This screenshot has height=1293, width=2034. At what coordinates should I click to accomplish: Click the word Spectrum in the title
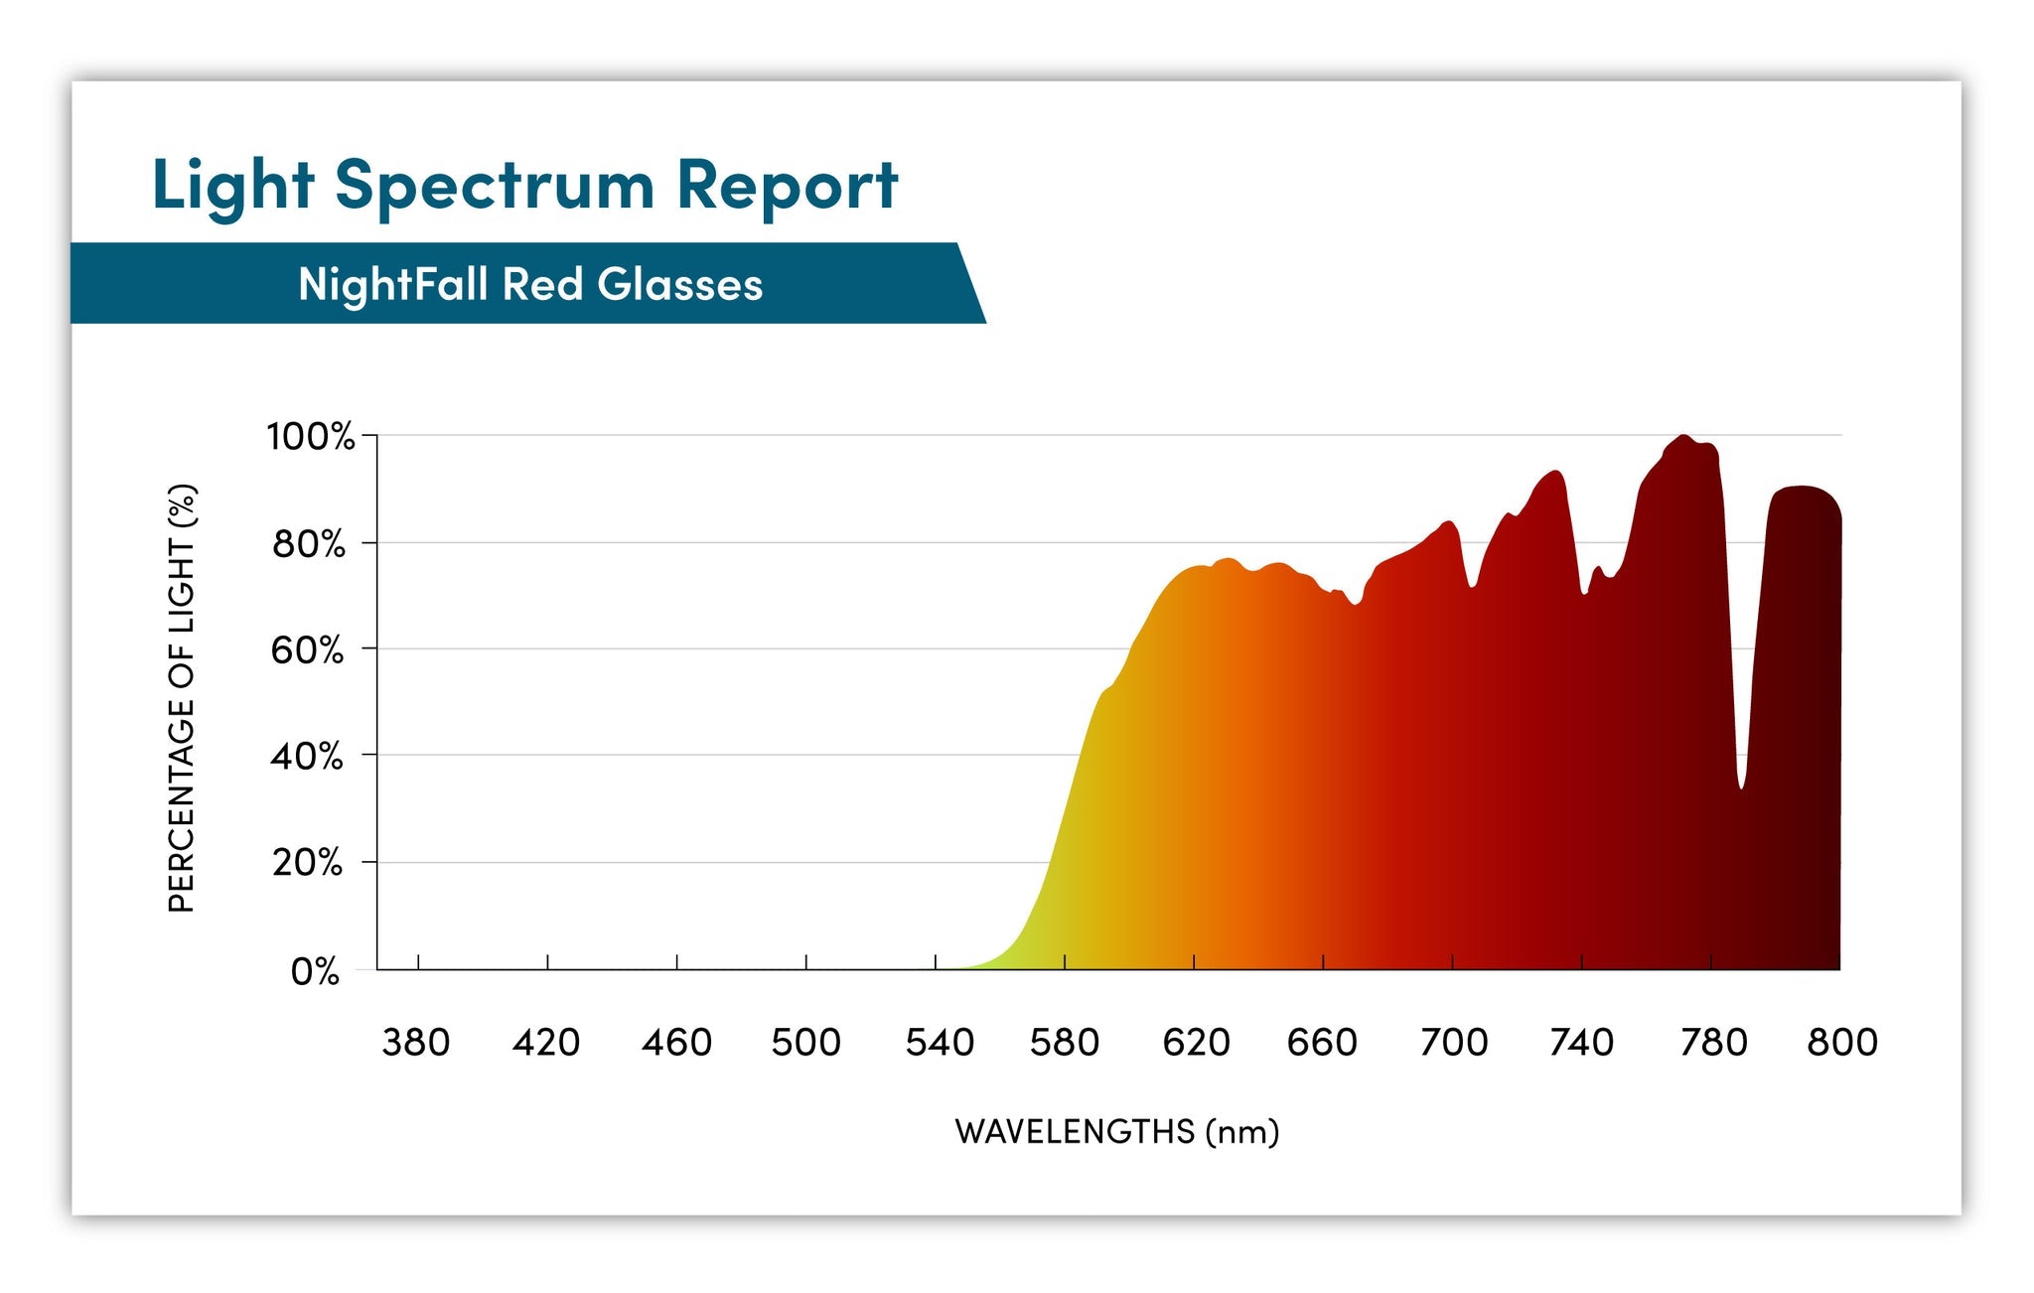[495, 186]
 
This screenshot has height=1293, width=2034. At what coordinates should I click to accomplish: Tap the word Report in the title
[787, 186]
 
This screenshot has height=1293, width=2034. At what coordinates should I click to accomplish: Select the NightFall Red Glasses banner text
[530, 285]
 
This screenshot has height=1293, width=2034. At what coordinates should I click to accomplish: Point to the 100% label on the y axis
[310, 436]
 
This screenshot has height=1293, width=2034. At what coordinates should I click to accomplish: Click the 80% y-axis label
[309, 544]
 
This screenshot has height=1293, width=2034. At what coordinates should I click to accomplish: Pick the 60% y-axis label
[308, 650]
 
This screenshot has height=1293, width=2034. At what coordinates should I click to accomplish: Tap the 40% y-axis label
[307, 757]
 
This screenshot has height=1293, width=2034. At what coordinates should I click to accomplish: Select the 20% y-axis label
[308, 862]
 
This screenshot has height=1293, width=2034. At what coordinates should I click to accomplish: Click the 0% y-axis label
[315, 971]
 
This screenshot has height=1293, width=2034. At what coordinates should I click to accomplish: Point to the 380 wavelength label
[416, 1043]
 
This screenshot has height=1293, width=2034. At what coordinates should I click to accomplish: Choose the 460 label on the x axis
[676, 1043]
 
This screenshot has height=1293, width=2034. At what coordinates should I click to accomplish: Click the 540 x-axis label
[940, 1043]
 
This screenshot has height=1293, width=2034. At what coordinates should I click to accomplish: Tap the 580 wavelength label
[1065, 1043]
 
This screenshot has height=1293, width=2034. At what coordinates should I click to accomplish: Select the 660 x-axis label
[1322, 1043]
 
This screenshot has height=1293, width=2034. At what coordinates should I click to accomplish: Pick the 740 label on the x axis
[1582, 1043]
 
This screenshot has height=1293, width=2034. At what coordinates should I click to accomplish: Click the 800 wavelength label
[1842, 1043]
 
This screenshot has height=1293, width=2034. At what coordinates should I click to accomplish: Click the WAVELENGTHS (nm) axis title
[1117, 1132]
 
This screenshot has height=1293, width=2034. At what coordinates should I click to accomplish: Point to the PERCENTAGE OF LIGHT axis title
[182, 697]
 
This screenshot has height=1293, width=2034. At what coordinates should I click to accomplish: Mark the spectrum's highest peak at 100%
[1682, 437]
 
